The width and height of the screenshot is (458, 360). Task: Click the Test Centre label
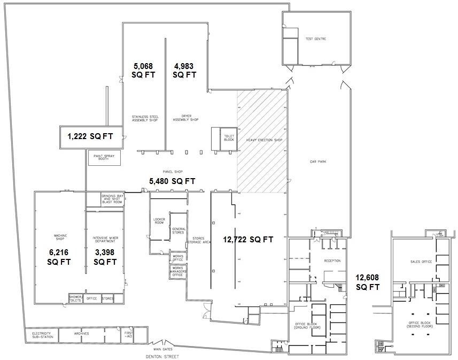pyautogui.click(x=315, y=39)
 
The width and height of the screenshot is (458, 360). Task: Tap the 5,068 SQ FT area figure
pyautogui.click(x=143, y=70)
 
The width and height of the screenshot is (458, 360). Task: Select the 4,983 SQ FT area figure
pyautogui.click(x=184, y=70)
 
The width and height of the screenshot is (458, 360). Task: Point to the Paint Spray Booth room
pyautogui.click(x=104, y=158)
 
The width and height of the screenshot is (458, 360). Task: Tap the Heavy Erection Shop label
pyautogui.click(x=263, y=140)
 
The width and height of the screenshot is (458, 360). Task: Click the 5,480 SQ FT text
pyautogui.click(x=172, y=181)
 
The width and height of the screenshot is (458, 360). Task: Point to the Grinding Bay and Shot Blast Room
pyautogui.click(x=111, y=200)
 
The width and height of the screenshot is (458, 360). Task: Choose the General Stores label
pyautogui.click(x=177, y=231)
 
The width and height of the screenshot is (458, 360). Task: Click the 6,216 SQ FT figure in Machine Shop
pyautogui.click(x=59, y=257)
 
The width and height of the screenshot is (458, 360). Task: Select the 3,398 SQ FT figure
pyautogui.click(x=105, y=257)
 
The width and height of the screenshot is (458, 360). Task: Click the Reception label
pyautogui.click(x=332, y=261)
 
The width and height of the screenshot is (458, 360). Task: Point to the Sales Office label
pyautogui.click(x=421, y=262)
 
